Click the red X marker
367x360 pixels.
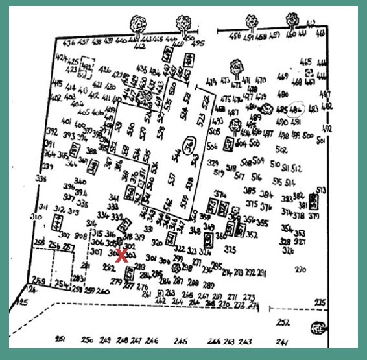121,255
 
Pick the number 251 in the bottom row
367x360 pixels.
61,340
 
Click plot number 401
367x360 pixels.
66,121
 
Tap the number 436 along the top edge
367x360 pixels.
69,42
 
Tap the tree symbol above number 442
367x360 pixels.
138,24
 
